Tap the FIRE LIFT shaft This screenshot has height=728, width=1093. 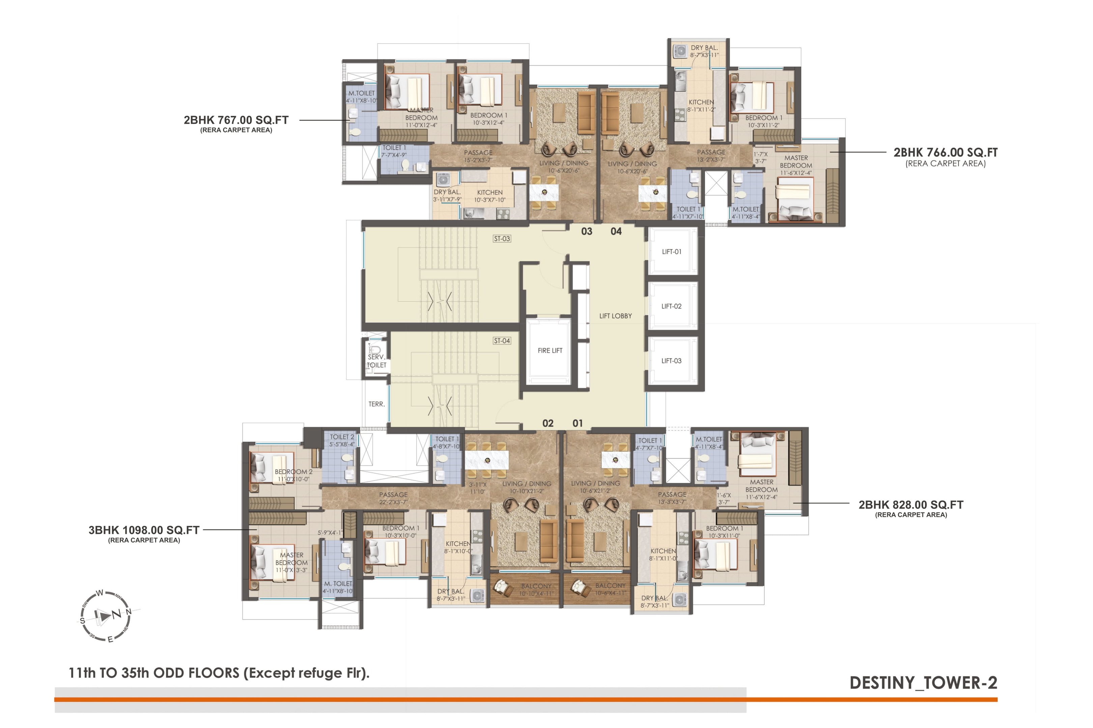[550, 351]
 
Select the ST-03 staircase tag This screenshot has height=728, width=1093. [502, 239]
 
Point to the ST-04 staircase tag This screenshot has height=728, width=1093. [502, 341]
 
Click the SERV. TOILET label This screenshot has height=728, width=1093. [376, 361]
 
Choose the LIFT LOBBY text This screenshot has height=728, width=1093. [615, 316]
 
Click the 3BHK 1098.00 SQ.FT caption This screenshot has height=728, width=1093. [144, 530]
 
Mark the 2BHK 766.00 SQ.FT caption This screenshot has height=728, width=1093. [945, 153]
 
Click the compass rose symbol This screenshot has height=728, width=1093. [106, 616]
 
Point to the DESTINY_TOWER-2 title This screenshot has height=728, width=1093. [923, 683]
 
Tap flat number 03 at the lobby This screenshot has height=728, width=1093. [586, 231]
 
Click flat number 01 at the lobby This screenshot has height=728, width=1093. [577, 423]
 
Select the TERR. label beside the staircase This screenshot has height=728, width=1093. [376, 404]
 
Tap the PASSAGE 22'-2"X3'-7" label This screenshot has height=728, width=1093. [393, 498]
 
